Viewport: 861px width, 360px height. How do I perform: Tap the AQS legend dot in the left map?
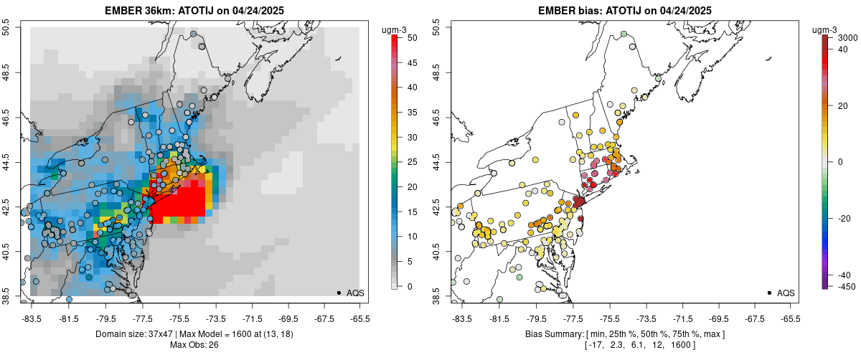(338, 293)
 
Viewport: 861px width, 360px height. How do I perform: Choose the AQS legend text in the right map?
(786, 293)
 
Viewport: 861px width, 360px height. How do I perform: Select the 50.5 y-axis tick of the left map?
(7, 27)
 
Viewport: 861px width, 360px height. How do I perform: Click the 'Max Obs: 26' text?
(194, 345)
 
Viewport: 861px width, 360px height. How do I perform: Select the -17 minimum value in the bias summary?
(596, 345)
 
